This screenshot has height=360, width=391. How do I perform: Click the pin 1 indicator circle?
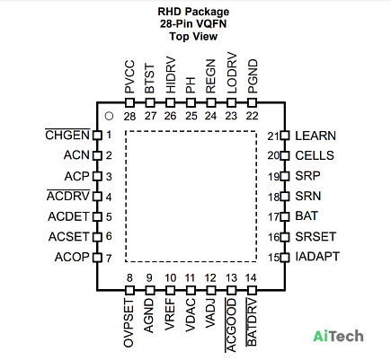click(109, 116)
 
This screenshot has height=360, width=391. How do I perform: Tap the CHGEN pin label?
click(67, 135)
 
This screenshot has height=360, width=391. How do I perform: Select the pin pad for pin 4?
click(97, 197)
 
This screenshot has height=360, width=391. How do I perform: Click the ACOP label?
click(72, 257)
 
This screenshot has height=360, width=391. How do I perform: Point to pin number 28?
click(129, 116)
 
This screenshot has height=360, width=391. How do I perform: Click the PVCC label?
click(129, 77)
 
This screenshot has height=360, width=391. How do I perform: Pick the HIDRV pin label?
click(170, 75)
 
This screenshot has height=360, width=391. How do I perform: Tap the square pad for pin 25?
click(191, 103)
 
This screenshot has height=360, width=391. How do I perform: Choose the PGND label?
click(253, 76)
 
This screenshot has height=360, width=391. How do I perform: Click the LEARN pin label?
click(315, 136)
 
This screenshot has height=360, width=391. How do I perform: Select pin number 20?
click(273, 155)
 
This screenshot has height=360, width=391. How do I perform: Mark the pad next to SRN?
click(285, 197)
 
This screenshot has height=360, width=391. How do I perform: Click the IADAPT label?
click(317, 257)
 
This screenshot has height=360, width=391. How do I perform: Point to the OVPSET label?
click(129, 322)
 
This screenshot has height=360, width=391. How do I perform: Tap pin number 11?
click(190, 278)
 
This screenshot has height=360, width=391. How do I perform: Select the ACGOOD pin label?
click(231, 325)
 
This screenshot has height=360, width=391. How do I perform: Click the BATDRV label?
click(252, 321)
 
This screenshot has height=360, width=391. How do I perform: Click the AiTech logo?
click(338, 336)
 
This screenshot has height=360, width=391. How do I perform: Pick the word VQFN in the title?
click(210, 23)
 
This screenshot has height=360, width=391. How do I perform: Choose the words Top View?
click(193, 37)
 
